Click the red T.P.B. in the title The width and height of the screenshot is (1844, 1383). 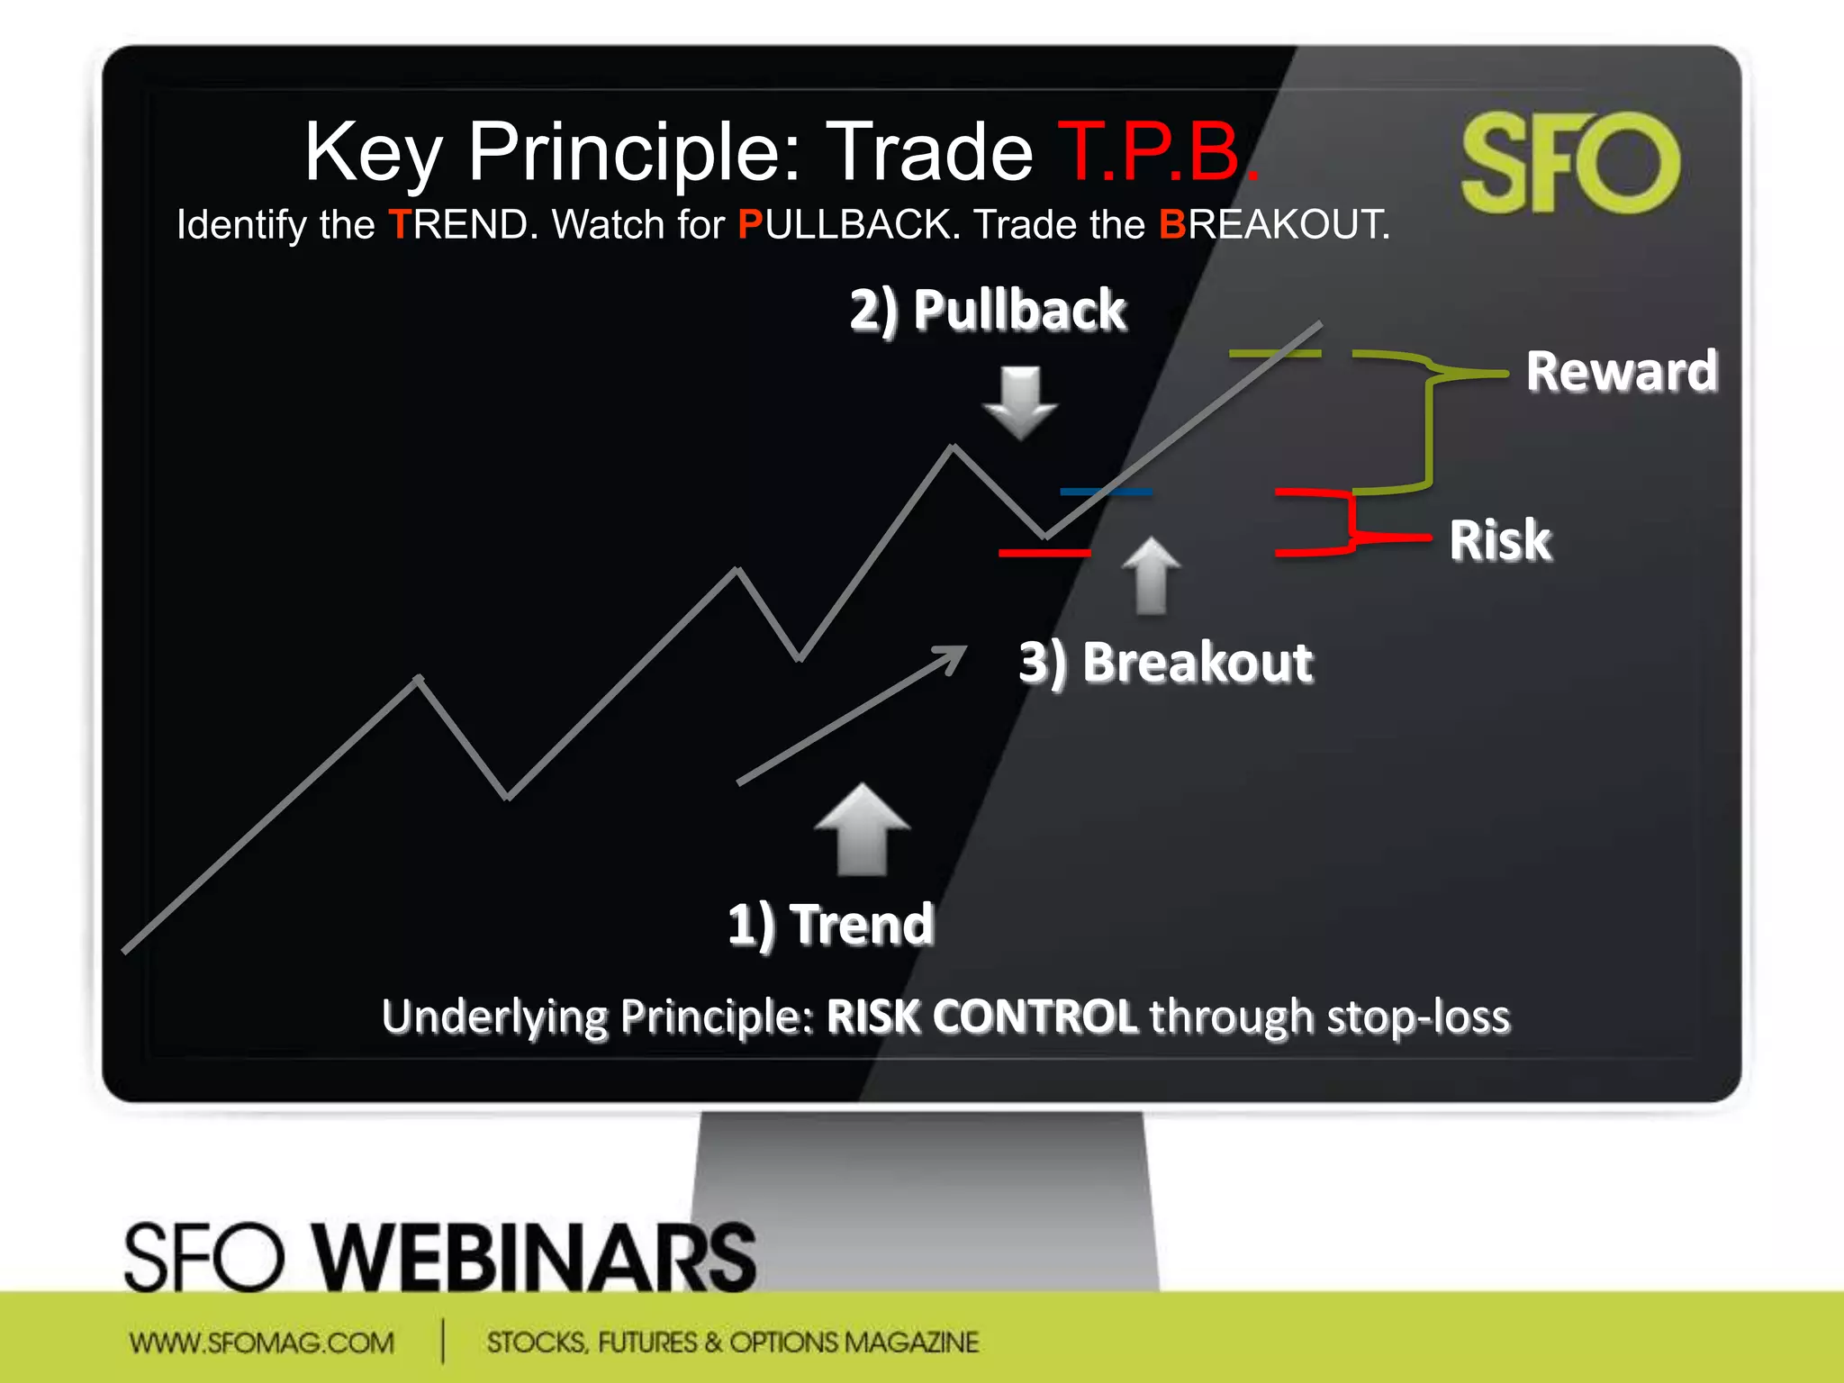coord(1157,153)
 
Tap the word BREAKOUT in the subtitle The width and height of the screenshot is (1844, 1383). coord(1273,225)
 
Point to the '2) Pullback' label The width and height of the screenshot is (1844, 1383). coord(988,311)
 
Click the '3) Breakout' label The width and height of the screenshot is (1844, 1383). coord(1166,663)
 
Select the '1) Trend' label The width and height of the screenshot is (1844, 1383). coord(830,925)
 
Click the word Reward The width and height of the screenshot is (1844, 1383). coord(1622,371)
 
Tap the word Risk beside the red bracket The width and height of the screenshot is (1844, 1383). coord(1500,540)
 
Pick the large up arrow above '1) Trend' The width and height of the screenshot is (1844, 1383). coord(862,828)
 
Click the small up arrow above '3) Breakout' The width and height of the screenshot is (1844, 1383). coord(1151,576)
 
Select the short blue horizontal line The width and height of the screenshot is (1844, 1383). coord(1106,492)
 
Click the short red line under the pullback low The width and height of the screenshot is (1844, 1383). coord(1044,552)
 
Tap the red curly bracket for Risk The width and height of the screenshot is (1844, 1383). coord(1351,522)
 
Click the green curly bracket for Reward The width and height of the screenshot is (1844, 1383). coord(1430,423)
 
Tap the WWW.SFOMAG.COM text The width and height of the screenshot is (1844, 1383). coord(261,1342)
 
